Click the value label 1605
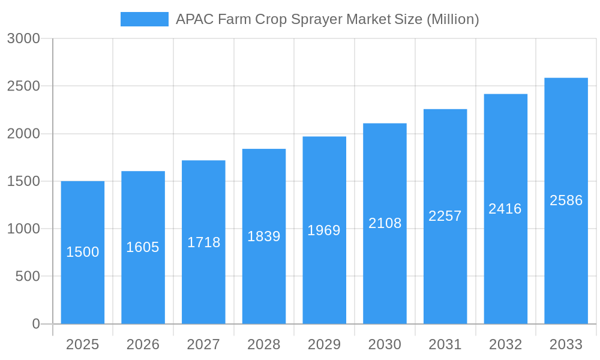[x=143, y=247]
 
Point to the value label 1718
[x=204, y=242]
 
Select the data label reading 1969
[x=324, y=230]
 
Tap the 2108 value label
[x=385, y=223]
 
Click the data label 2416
[x=505, y=209]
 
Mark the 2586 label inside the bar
[x=566, y=200]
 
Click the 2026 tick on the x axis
[x=143, y=344]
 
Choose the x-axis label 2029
[x=324, y=344]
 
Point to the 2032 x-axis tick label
[x=505, y=344]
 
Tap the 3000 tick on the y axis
[x=23, y=39]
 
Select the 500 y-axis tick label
[x=28, y=277]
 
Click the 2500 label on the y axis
[x=23, y=86]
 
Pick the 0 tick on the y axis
[x=36, y=324]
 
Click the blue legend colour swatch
[x=145, y=19]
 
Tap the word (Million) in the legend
[x=452, y=19]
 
